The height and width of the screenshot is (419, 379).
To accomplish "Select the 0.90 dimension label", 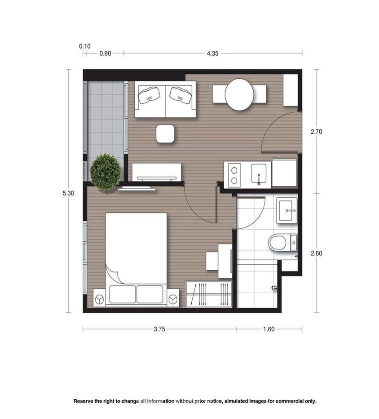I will [x=105, y=53].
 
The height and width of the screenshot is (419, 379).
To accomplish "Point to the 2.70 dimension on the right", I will [x=317, y=132].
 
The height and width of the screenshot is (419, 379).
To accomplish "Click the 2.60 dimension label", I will [x=317, y=253].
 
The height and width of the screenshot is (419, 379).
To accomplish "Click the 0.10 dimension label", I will [x=84, y=46].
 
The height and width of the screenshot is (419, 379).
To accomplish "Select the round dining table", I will [x=239, y=94].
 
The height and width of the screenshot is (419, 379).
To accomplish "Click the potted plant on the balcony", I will [x=106, y=171].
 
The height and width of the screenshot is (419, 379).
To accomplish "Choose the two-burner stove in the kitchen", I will [x=234, y=175].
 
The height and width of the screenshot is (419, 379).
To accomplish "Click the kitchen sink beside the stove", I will [x=259, y=174].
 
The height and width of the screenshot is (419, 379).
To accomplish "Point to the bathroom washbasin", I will [x=287, y=210].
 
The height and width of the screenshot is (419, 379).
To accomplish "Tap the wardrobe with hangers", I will [x=209, y=294].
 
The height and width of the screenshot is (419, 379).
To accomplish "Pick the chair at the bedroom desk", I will [x=212, y=260].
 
